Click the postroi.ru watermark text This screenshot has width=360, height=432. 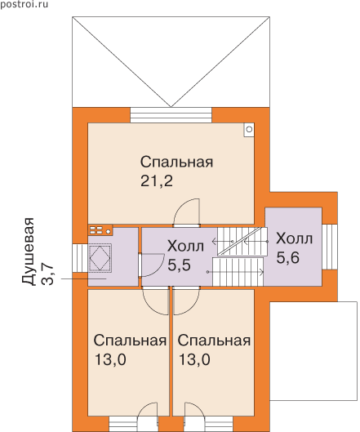(24, 4)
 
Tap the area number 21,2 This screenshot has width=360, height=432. (157, 181)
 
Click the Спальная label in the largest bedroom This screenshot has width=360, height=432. (176, 162)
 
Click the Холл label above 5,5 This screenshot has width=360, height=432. (185, 246)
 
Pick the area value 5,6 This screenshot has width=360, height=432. (287, 258)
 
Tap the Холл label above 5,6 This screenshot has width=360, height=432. (294, 238)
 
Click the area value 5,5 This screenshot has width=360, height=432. (179, 265)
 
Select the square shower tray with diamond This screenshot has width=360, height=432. (100, 257)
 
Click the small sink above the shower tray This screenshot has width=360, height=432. (100, 229)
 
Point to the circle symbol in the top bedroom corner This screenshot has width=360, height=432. (249, 129)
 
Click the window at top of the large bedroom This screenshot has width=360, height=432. (171, 115)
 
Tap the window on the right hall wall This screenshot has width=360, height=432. (330, 247)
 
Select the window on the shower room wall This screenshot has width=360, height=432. (80, 258)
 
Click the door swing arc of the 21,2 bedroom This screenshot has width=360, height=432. (186, 212)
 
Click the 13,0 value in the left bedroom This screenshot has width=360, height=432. (110, 360)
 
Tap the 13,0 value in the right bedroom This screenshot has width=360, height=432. (194, 360)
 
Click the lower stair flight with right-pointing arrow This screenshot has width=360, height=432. (238, 272)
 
